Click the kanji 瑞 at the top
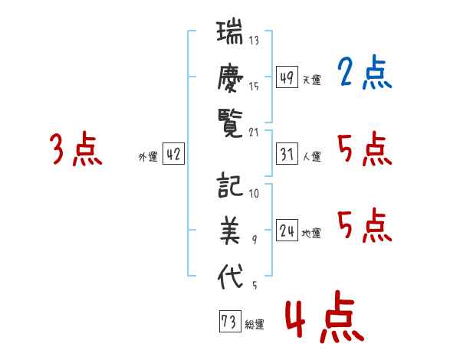coord(230,31)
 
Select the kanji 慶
coord(230,78)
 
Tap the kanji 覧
coord(230,123)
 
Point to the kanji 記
coord(230,185)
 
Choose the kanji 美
coord(230,230)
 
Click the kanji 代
coord(230,276)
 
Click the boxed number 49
coord(287,77)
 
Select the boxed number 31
coord(287,154)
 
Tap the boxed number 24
coord(287,230)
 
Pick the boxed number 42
coord(173,154)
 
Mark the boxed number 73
coord(230,321)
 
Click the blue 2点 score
coord(364,73)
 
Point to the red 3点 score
coord(76,149)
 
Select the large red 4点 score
coord(324,316)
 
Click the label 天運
coord(312,80)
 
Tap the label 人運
coord(312,156)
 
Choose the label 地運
coord(311,233)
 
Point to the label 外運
coord(148,156)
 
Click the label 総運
coord(255,325)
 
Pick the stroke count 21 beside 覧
coord(254,133)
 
